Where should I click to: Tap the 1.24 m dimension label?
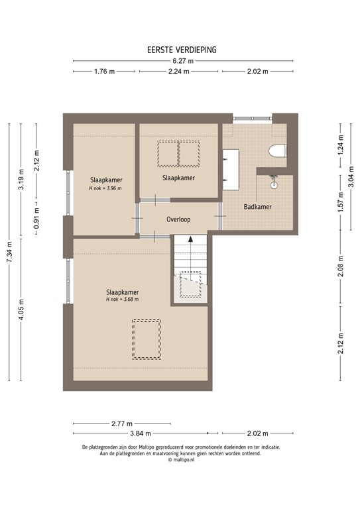click(x=340, y=150)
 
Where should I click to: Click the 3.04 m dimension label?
click(x=352, y=178)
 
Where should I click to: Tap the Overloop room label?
click(x=179, y=219)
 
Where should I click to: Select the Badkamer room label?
click(x=257, y=207)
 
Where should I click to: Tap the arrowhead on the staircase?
click(x=190, y=241)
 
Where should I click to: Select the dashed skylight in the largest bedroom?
click(x=146, y=339)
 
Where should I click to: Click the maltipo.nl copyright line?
click(x=180, y=459)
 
